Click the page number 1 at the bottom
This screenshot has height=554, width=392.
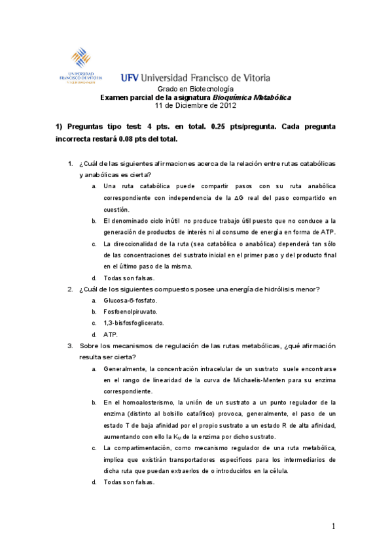[x=333, y=527]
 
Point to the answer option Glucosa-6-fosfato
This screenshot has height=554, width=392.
[x=131, y=301]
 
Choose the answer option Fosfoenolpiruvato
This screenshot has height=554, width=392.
[x=130, y=312]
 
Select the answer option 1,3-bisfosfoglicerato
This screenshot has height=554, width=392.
[x=134, y=323]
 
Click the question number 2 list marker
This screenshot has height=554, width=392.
[x=70, y=289]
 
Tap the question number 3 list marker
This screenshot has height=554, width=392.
[x=70, y=346]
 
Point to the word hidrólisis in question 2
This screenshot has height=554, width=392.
[x=274, y=289]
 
